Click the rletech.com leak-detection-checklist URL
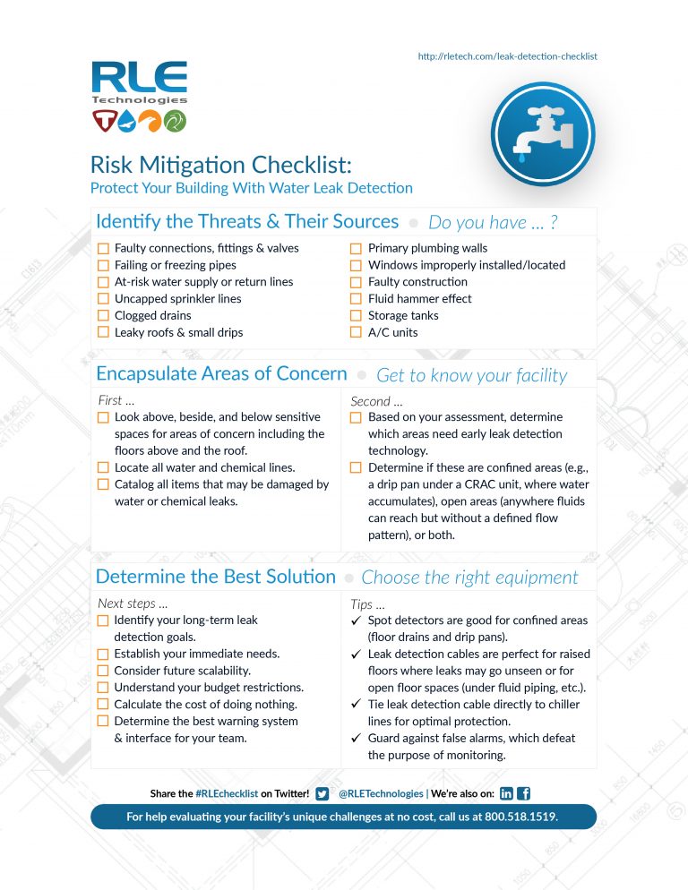coord(507,56)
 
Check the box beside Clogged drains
coord(103,316)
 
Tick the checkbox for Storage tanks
coord(357,316)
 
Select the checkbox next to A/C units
coord(357,333)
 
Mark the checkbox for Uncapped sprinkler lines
coord(103,299)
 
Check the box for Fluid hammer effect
coord(357,299)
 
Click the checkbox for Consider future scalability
coord(103,671)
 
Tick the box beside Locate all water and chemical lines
coord(103,467)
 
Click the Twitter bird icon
coord(322,793)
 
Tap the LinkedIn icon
coord(506,793)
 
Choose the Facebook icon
coord(524,793)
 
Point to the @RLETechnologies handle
coord(381,793)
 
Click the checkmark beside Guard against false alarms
coord(357,739)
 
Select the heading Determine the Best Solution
coord(216,577)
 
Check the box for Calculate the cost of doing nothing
coord(103,705)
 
